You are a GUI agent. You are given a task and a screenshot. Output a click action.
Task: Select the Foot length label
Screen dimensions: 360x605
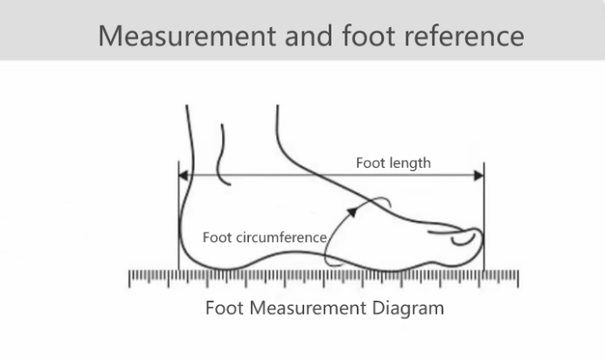(393, 163)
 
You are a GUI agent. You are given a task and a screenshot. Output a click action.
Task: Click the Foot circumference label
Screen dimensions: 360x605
(265, 237)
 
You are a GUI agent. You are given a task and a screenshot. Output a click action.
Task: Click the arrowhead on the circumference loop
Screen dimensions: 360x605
(351, 211)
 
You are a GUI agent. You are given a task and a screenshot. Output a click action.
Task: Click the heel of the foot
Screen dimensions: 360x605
(189, 249)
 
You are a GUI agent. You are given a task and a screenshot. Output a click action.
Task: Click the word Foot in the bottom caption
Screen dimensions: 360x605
(222, 308)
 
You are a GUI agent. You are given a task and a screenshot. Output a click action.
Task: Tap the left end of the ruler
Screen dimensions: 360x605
(130, 279)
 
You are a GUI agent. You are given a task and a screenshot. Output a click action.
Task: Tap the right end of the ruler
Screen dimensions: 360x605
(518, 279)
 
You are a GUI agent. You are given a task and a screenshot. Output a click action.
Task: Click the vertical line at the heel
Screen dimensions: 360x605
(177, 218)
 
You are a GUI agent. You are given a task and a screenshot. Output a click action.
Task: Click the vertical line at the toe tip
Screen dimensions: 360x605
(483, 218)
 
